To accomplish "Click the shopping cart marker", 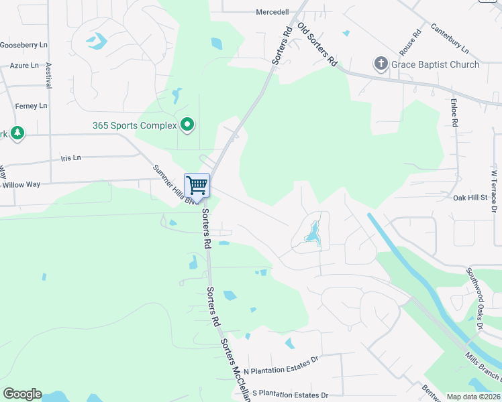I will click(x=197, y=185).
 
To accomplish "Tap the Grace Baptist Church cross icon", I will click(x=381, y=64).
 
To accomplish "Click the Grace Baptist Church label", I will click(x=436, y=65).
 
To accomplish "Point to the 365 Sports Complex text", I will click(x=135, y=125).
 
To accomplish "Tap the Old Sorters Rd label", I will click(x=317, y=44).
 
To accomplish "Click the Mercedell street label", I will click(x=272, y=12).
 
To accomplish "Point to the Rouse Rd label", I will click(x=409, y=43).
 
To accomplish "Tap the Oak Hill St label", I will click(x=470, y=198).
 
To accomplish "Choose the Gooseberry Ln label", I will click(x=24, y=45).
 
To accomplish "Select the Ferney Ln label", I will click(x=32, y=106).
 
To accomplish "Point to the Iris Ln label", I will click(x=70, y=157).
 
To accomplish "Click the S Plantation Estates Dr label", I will click(x=289, y=394).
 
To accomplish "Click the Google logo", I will click(x=22, y=394).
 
